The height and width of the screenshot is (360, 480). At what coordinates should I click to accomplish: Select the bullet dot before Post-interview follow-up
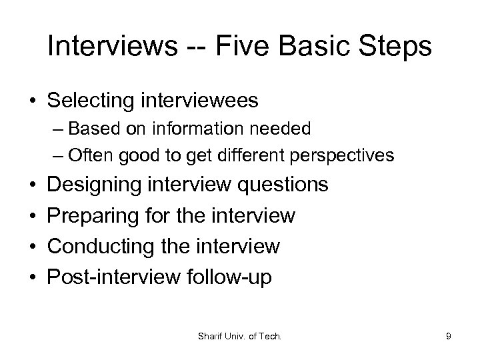tap(33, 277)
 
